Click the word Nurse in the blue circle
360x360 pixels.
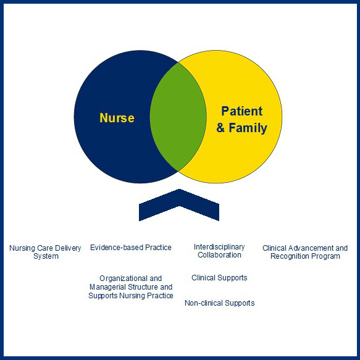[x=117, y=117]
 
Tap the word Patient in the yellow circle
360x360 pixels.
[x=242, y=112]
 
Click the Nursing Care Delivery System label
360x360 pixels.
[x=45, y=252]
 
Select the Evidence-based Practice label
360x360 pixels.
[x=131, y=248]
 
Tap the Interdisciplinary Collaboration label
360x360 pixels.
[x=219, y=251]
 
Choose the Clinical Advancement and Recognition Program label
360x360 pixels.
[x=305, y=252]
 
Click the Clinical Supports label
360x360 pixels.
[x=219, y=278]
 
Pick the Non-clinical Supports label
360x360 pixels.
[x=219, y=303]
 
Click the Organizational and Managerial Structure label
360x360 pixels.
[x=130, y=287]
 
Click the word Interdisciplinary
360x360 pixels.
[x=219, y=247]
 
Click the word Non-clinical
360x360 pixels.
[x=203, y=303]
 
